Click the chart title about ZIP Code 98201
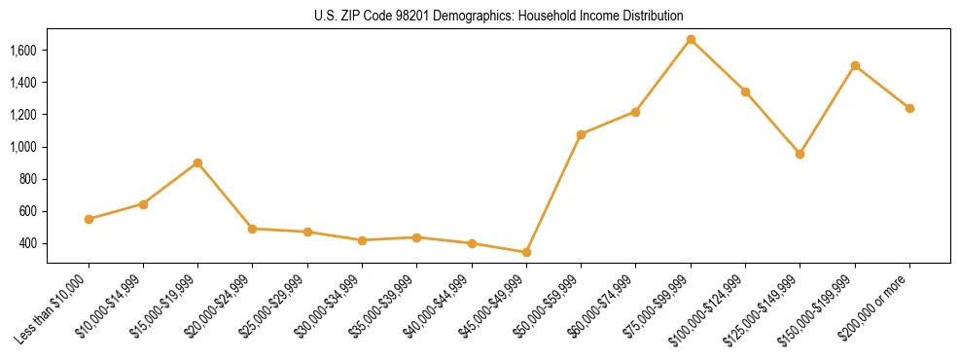click(x=498, y=16)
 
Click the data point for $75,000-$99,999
click(x=691, y=40)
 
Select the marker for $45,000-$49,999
click(x=526, y=252)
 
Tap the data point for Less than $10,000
click(x=89, y=219)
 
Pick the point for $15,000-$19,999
click(x=197, y=162)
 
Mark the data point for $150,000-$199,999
click(x=855, y=66)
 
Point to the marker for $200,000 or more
click(x=909, y=108)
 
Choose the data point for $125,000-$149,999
click(x=800, y=154)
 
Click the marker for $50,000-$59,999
click(x=581, y=134)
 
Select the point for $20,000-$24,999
click(x=253, y=229)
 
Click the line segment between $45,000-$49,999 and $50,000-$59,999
click(x=553, y=194)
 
